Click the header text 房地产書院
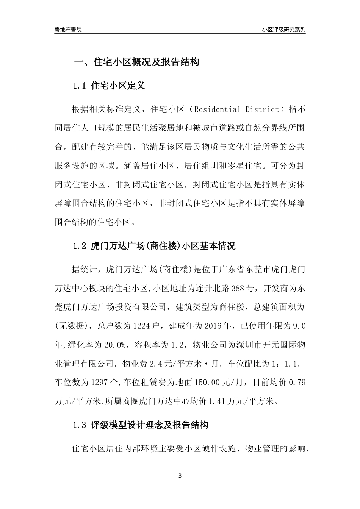68,30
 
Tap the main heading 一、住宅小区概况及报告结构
136,62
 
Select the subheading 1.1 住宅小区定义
109,86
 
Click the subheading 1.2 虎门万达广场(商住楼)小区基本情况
154,246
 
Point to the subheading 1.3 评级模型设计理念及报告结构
140,425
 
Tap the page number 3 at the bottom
180,476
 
